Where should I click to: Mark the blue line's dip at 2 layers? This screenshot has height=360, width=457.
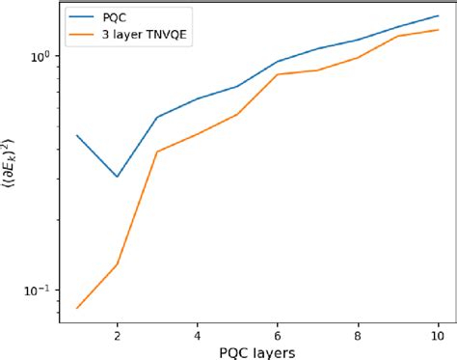click(117, 177)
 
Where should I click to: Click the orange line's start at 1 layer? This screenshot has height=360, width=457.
click(77, 308)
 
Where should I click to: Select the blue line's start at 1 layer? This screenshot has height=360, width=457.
click(77, 135)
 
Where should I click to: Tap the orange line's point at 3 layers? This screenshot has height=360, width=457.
click(157, 152)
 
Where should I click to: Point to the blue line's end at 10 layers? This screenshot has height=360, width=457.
click(438, 15)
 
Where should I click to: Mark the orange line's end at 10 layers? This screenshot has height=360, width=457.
click(438, 29)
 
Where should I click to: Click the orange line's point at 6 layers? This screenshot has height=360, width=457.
click(278, 74)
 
